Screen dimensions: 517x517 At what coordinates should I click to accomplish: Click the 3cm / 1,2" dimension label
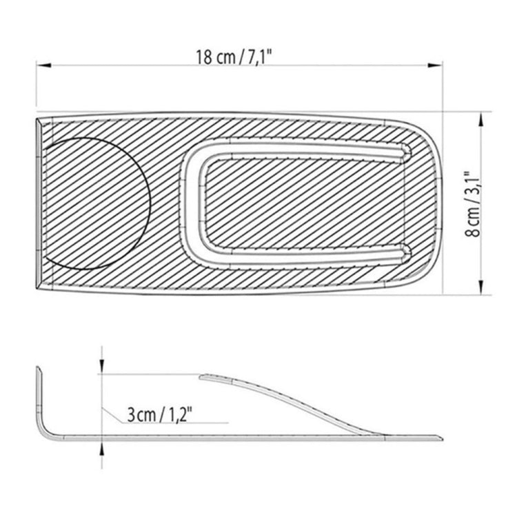[x=159, y=415]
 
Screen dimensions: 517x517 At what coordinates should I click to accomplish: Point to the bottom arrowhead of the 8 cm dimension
[x=480, y=290]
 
